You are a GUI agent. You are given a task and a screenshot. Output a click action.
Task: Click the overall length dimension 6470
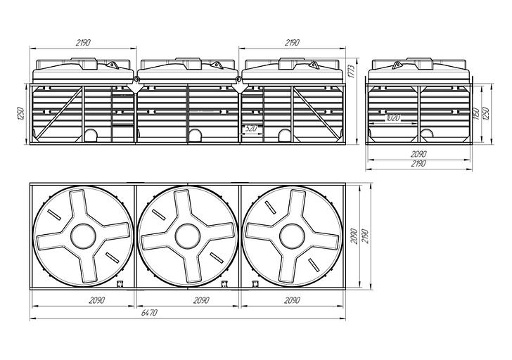(x=149, y=313)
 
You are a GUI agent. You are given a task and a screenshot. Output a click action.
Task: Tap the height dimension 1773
(x=351, y=70)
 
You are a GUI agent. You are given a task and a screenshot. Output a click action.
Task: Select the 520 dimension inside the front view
(x=250, y=129)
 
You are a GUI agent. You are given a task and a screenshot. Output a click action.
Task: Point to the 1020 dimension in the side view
(x=392, y=118)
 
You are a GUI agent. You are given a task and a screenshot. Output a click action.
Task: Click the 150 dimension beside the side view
(x=476, y=114)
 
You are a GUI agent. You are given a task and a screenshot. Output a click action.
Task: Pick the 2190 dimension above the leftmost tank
(x=83, y=42)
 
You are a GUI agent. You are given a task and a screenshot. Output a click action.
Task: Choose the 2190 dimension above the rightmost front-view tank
(x=292, y=42)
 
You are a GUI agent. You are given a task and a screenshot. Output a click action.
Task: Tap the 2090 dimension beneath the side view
(x=418, y=154)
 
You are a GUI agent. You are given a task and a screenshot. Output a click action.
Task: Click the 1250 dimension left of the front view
(x=20, y=114)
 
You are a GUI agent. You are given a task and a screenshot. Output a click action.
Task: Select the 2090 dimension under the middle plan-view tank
(x=201, y=300)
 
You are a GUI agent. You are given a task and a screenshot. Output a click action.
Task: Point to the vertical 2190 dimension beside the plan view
(x=365, y=236)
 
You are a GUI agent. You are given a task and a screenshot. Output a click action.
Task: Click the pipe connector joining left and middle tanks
(x=136, y=79)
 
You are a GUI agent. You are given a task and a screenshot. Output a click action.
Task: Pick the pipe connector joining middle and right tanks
(x=238, y=79)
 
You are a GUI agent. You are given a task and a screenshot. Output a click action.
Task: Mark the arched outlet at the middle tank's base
(x=196, y=135)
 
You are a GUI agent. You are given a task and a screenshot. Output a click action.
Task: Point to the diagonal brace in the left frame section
(x=59, y=113)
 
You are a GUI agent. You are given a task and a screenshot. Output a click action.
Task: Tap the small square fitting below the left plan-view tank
(x=120, y=283)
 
